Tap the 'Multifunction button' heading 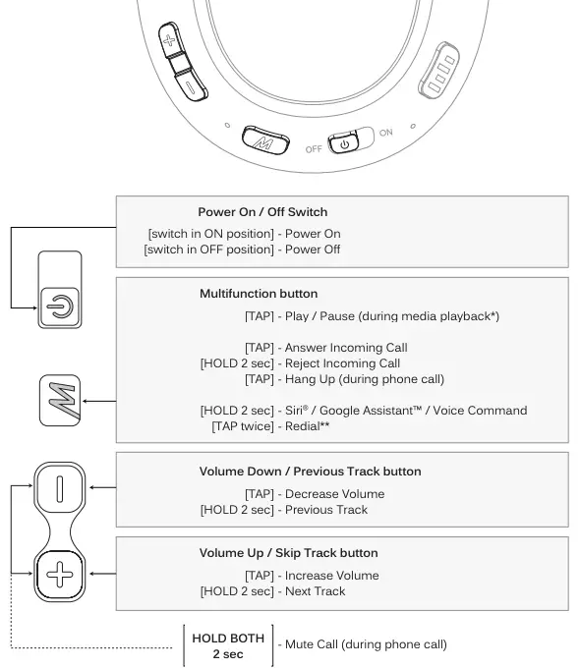click(259, 294)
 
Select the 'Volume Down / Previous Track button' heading click(310, 472)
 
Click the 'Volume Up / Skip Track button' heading click(288, 553)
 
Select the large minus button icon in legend click(62, 487)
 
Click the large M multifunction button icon click(62, 400)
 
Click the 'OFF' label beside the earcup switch click(314, 149)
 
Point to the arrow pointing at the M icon click(99, 400)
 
